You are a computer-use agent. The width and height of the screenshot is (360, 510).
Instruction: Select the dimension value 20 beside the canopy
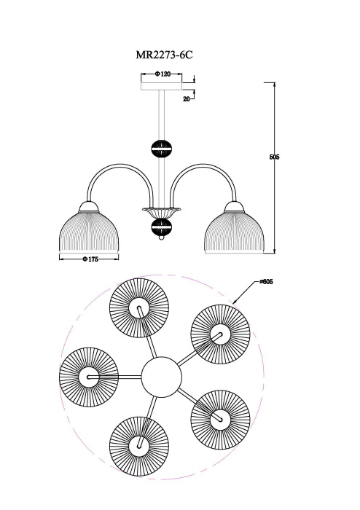point(187,98)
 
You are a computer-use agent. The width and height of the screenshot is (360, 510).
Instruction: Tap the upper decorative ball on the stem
point(161,147)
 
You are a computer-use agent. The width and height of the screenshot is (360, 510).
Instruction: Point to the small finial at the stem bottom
point(161,238)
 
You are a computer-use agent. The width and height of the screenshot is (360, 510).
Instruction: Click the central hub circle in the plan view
point(161,377)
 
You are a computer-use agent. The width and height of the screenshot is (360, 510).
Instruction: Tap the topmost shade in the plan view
point(137,308)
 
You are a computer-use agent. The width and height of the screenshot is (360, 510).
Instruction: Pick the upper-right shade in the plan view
point(216,335)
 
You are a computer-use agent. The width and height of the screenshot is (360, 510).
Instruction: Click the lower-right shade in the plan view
point(216,417)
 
